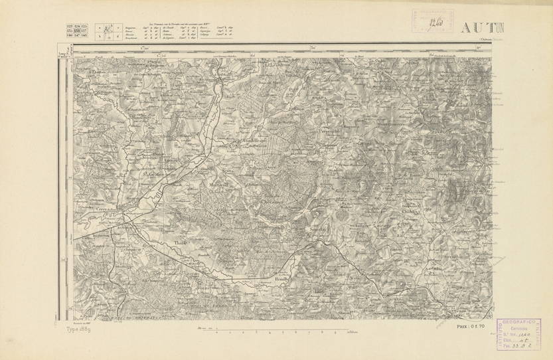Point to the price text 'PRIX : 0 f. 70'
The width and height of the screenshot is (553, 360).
(473, 327)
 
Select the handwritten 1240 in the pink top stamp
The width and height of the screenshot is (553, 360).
(435, 21)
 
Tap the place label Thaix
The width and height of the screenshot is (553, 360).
(177, 242)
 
